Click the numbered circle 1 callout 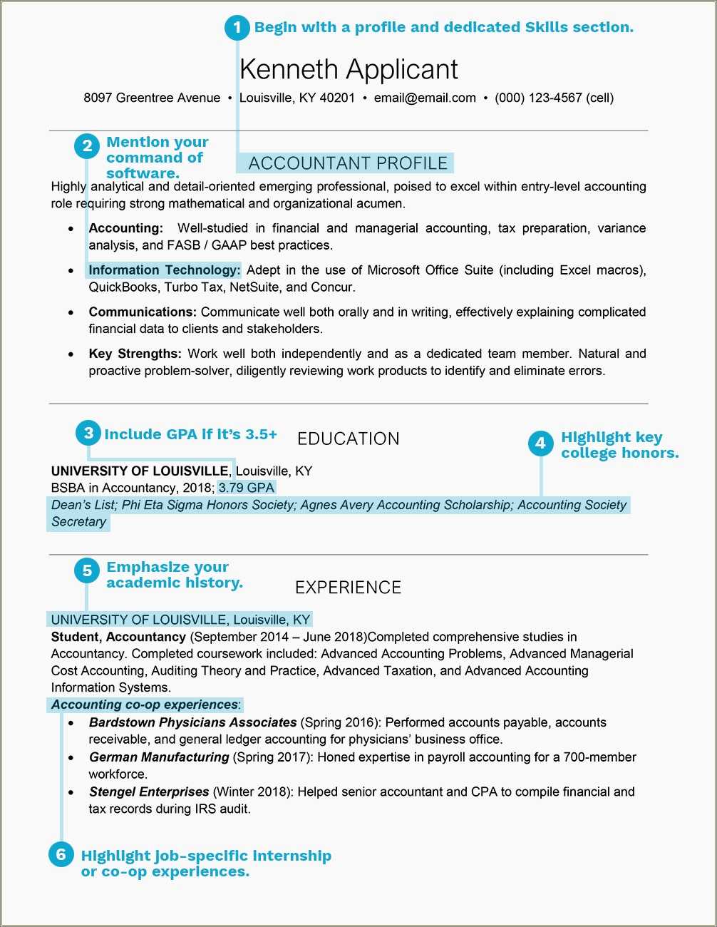(x=237, y=28)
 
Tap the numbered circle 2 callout (x=87, y=146)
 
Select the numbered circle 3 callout (x=88, y=433)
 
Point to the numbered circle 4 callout (x=540, y=444)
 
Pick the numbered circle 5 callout (x=87, y=570)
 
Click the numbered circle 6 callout (x=61, y=854)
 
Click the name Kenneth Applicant (x=349, y=69)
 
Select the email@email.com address (x=425, y=98)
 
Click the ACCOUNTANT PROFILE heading (x=348, y=163)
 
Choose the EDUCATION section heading (x=349, y=439)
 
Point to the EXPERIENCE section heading (x=349, y=588)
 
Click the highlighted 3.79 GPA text (x=247, y=488)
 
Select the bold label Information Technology (x=164, y=270)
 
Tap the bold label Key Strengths (x=135, y=354)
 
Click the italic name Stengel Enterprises (x=149, y=792)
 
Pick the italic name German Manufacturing (x=159, y=757)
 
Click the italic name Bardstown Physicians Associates (x=192, y=722)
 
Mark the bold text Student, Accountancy (x=118, y=637)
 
